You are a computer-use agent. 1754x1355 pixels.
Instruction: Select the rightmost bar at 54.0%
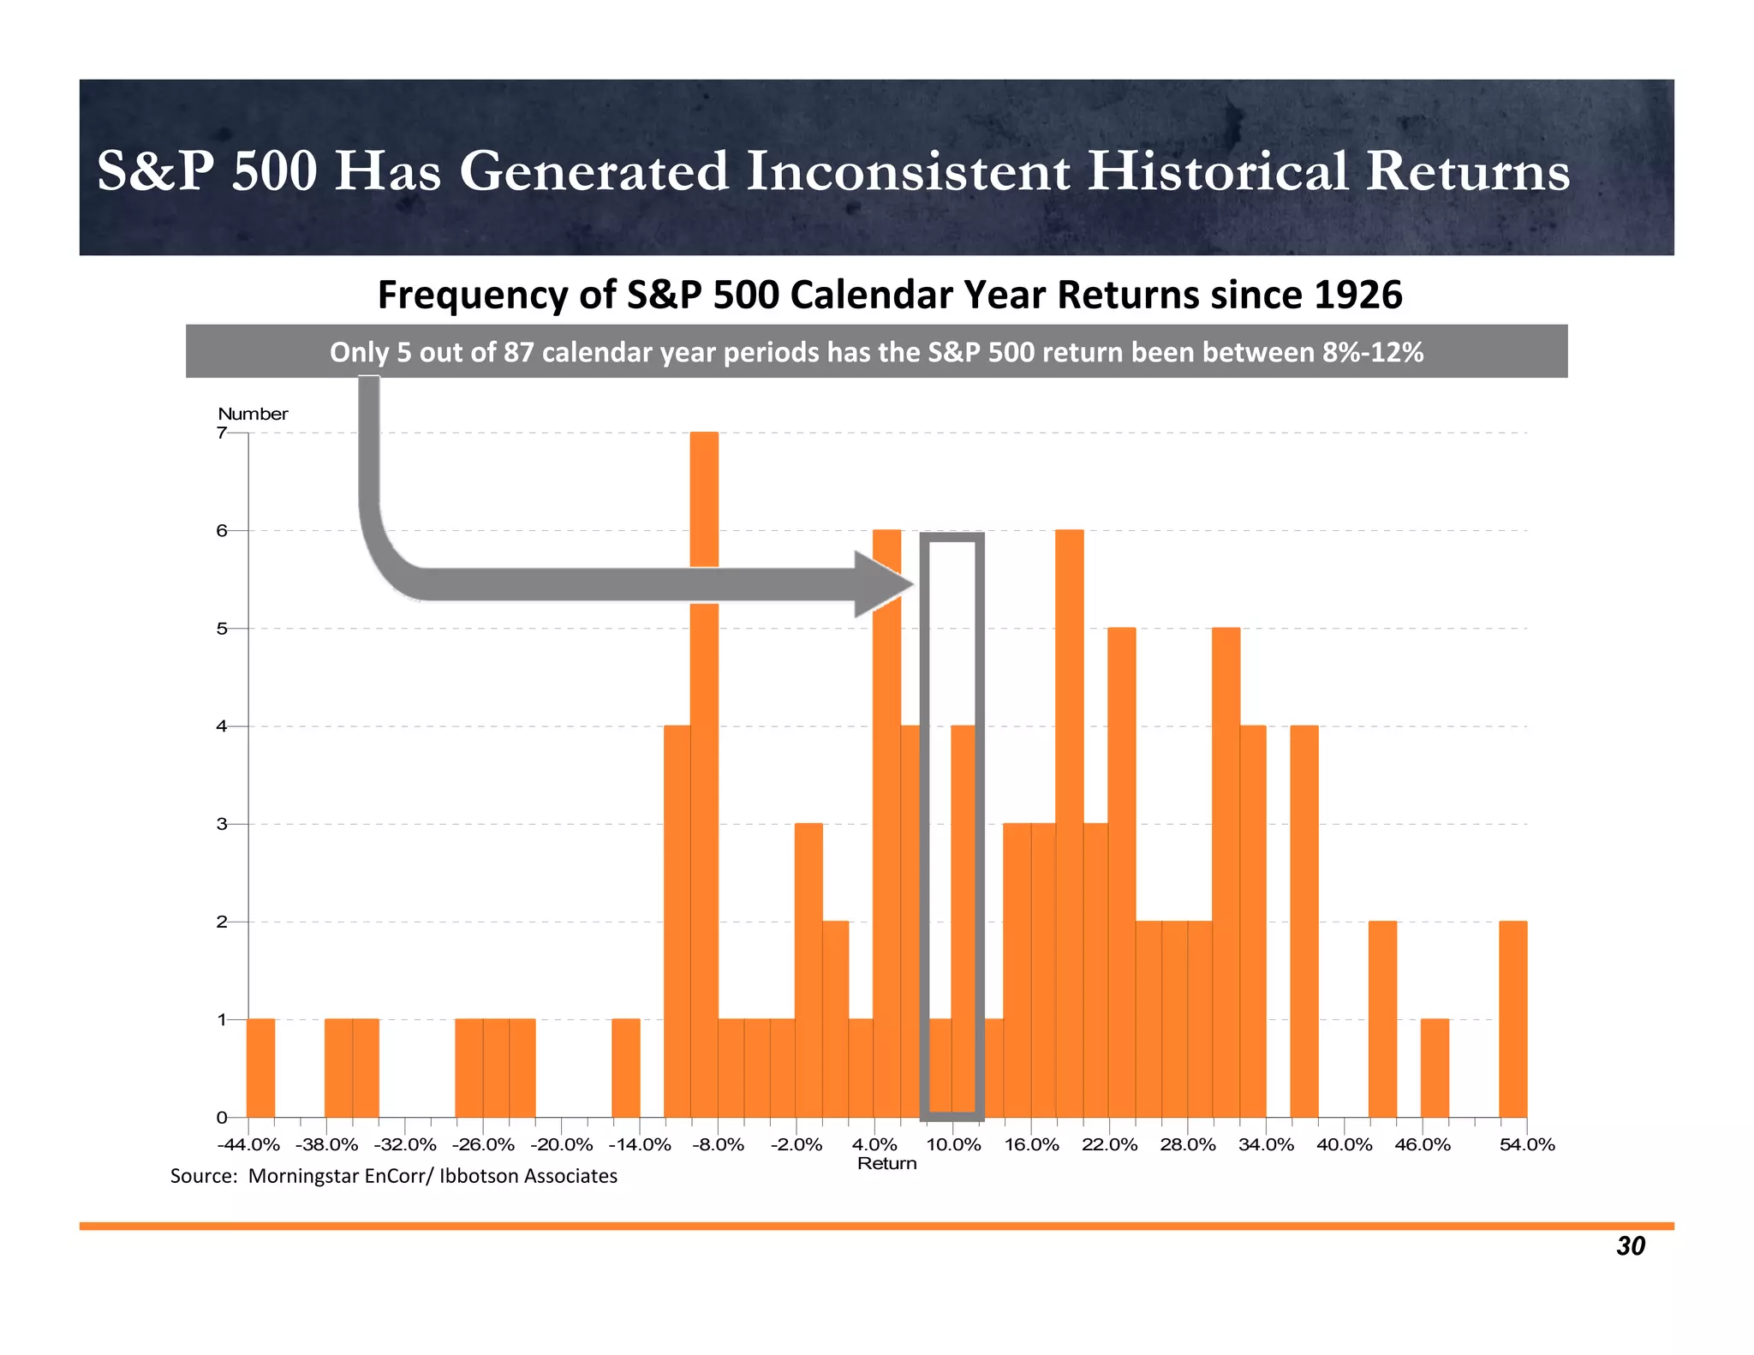coord(1512,1019)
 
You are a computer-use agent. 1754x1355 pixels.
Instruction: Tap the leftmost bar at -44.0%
coord(261,1068)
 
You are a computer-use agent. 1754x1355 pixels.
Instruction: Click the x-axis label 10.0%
coord(953,1145)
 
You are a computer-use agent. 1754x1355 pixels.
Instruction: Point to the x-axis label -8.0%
coord(718,1145)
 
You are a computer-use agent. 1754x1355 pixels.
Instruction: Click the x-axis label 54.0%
coord(1527,1145)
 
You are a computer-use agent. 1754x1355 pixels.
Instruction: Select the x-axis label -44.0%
coord(248,1145)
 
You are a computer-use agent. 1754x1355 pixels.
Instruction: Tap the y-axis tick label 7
coord(222,433)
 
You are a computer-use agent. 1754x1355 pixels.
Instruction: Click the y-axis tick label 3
coord(222,824)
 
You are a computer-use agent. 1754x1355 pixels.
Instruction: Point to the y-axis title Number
coord(253,414)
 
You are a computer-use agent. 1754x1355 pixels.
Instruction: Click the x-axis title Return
coord(886,1164)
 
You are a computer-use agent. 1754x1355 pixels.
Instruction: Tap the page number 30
coord(1630,1246)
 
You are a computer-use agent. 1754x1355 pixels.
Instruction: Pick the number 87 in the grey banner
coord(519,352)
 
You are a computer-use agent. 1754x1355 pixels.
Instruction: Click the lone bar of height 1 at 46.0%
coord(1435,1068)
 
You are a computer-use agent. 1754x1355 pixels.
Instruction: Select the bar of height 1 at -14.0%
coord(626,1068)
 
